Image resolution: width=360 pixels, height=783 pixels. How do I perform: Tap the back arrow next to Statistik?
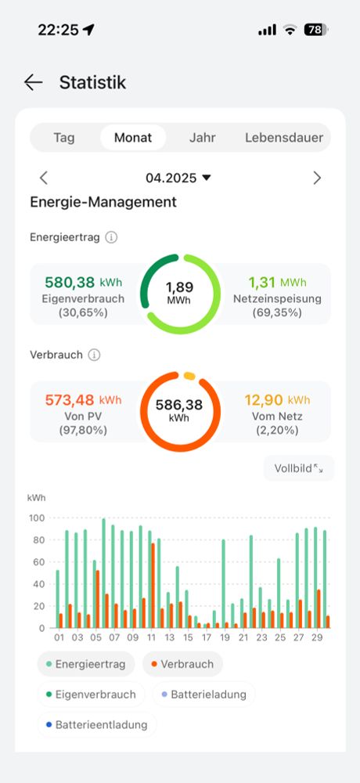pos(33,82)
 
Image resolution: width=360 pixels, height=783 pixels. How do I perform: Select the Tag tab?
pos(64,138)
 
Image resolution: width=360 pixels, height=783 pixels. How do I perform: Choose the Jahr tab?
pos(203,138)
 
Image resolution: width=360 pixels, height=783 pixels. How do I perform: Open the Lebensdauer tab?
pos(284,138)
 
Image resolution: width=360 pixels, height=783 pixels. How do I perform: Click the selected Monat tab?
pos(133,138)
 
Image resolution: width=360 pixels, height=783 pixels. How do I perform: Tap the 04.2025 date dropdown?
pos(178,178)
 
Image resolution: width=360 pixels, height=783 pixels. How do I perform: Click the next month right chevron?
pos(317,178)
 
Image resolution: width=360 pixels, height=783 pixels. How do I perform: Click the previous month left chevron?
pos(44,178)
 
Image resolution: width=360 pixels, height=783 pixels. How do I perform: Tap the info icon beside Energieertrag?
pos(111,237)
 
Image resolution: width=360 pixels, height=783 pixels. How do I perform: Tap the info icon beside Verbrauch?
pos(95,355)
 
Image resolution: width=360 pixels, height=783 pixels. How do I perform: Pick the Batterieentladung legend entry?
pos(97,725)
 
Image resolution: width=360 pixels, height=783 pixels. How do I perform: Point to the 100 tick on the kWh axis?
pos(36,518)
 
